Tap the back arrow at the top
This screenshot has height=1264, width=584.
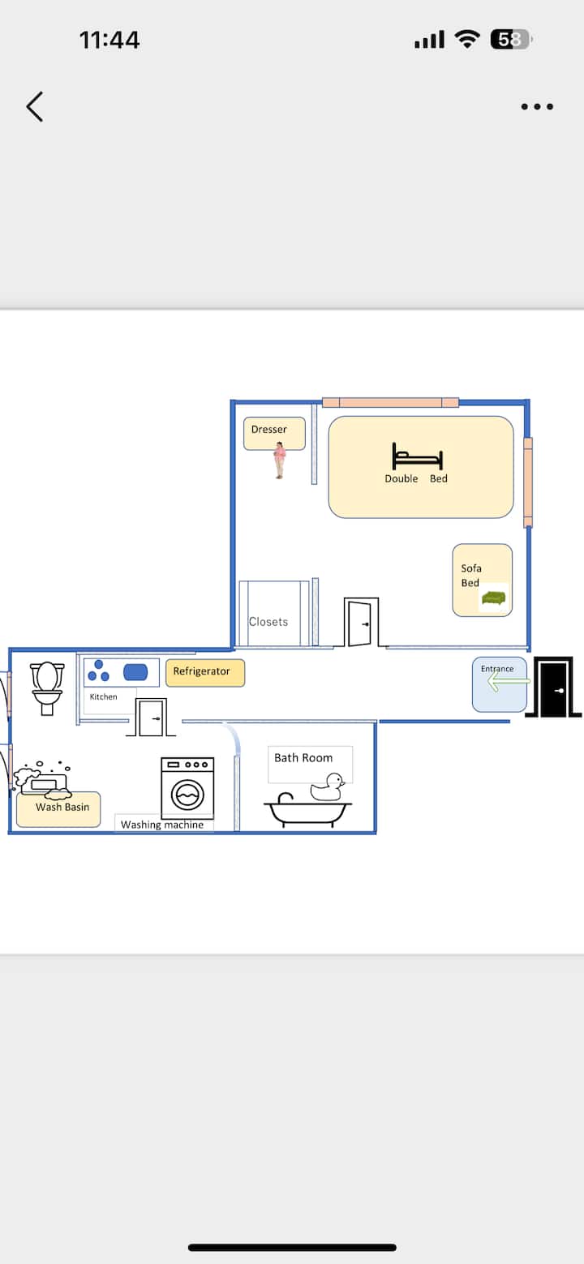[34, 107]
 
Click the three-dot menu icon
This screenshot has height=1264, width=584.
[537, 106]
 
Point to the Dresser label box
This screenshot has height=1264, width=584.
[274, 434]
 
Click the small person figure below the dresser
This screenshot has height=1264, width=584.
[279, 461]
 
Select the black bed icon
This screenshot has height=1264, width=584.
[418, 456]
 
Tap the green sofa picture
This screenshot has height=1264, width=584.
[494, 598]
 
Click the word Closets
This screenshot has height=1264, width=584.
[268, 622]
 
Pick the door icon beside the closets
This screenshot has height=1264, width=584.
[361, 623]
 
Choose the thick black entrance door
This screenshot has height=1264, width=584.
[553, 687]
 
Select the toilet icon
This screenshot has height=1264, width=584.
[47, 688]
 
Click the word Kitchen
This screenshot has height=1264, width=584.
[103, 697]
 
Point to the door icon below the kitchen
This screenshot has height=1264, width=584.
[151, 718]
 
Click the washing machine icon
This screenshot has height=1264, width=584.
[187, 788]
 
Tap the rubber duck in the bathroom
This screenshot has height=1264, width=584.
[327, 787]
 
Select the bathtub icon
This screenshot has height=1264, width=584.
[308, 811]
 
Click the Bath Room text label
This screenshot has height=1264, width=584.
[303, 758]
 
